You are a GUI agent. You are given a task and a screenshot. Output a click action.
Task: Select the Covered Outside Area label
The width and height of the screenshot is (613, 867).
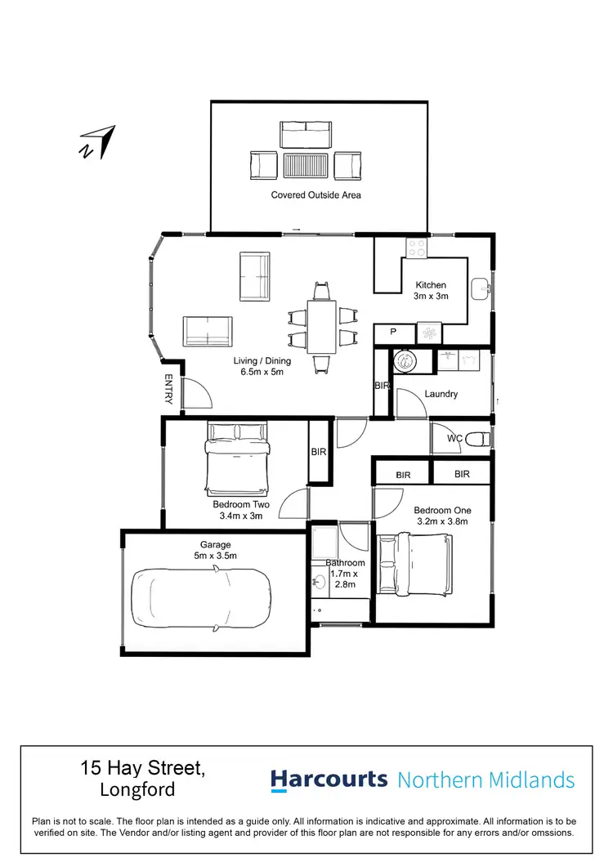click(x=315, y=195)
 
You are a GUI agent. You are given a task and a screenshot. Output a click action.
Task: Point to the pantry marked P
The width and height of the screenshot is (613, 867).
click(x=393, y=333)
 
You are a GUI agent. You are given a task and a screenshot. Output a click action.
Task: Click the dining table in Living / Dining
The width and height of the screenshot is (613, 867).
click(x=322, y=326)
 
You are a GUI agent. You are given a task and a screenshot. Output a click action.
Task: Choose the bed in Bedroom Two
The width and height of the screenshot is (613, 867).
click(x=237, y=458)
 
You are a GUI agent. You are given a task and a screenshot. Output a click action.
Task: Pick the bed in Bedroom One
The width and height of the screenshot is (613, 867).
click(x=414, y=563)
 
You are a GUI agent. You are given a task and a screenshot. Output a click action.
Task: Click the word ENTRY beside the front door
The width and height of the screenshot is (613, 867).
click(x=168, y=389)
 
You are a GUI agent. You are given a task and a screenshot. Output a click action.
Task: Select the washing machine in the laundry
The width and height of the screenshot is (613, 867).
click(x=403, y=360)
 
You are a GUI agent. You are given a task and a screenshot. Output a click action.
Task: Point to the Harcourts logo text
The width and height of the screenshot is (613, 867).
click(x=329, y=780)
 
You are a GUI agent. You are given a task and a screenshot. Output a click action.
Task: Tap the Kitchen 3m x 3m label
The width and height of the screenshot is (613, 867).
click(x=430, y=291)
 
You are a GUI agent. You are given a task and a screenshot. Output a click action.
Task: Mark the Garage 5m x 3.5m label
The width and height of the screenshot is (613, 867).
click(x=216, y=550)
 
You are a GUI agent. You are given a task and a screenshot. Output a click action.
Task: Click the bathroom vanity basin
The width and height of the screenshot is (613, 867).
click(x=319, y=583)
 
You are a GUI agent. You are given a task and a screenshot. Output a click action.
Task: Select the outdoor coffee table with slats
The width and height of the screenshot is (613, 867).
click(x=305, y=166)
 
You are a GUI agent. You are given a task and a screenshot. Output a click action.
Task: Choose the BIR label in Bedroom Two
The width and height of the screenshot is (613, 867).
click(x=319, y=451)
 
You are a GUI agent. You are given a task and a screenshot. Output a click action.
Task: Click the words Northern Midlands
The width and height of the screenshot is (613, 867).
click(x=485, y=780)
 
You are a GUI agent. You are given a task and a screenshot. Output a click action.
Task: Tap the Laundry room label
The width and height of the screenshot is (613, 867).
click(x=441, y=394)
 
